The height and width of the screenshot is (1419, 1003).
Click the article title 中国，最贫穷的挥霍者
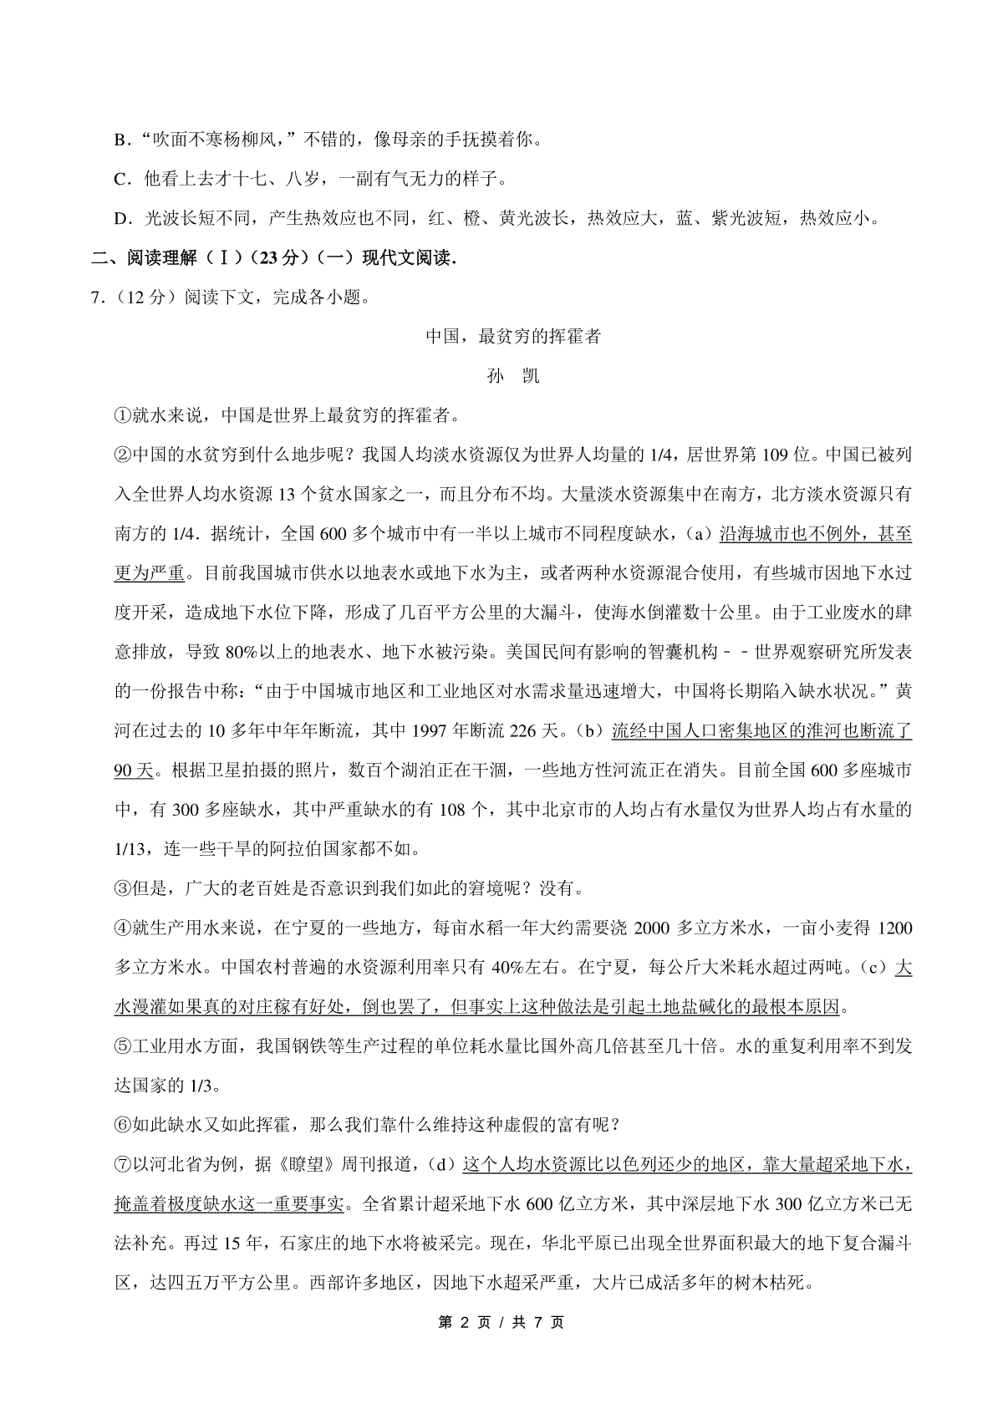click(x=513, y=337)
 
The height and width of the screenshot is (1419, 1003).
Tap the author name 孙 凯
click(x=513, y=376)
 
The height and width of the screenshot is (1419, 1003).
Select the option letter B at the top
click(x=120, y=140)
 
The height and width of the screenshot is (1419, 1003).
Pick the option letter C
click(x=120, y=179)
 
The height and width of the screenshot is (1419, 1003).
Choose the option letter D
click(x=120, y=219)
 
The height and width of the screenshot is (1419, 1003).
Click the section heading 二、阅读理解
click(x=134, y=258)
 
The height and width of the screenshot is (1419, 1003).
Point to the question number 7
click(x=97, y=298)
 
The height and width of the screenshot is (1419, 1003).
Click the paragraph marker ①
click(x=121, y=415)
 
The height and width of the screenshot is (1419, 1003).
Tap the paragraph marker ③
click(x=121, y=888)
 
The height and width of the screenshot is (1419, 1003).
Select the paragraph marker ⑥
click(x=121, y=1125)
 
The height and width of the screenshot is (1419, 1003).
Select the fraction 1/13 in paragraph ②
click(x=130, y=849)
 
